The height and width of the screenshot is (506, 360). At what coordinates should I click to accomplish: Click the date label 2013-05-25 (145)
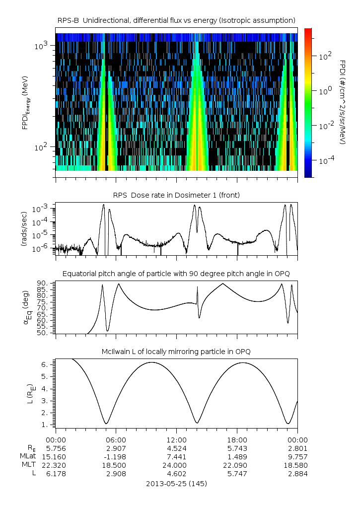point(176,484)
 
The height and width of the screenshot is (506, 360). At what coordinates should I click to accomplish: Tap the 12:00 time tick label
point(176,439)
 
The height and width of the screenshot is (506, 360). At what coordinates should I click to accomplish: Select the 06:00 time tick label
point(116,439)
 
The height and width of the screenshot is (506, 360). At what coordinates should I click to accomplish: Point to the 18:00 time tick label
point(237,439)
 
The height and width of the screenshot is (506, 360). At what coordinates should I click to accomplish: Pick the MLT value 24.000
point(176,465)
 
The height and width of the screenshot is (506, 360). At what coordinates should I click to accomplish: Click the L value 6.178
point(56,474)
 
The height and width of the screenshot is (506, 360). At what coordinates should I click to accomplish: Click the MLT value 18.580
point(297,465)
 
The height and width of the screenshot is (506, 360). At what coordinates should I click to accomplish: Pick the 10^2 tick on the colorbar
point(325,57)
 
